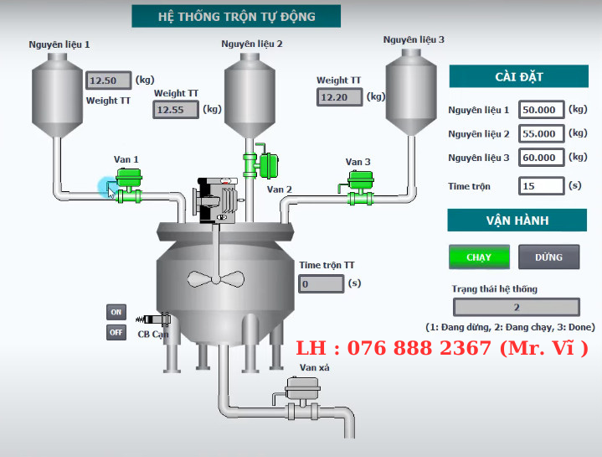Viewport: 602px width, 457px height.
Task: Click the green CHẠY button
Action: [479, 257]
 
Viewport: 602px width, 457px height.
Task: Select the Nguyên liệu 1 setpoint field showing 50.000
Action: [540, 109]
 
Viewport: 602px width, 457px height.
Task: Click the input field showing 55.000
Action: [540, 133]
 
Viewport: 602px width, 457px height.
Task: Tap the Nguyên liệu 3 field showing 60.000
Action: [540, 158]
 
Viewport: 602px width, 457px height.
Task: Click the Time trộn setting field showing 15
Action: [540, 186]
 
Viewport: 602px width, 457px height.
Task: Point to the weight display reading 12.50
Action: [109, 80]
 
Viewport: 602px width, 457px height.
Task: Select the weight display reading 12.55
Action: [176, 109]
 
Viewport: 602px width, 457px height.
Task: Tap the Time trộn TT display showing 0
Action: [322, 283]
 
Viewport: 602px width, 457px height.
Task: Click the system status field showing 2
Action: [516, 308]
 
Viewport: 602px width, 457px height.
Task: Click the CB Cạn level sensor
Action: [157, 319]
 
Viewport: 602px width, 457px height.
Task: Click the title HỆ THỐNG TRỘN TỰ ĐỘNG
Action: [236, 16]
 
